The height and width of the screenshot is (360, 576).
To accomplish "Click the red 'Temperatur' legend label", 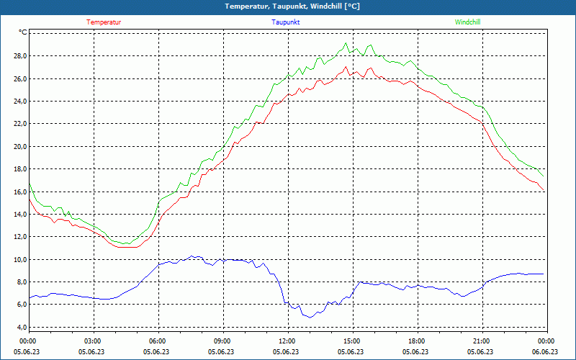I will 104,22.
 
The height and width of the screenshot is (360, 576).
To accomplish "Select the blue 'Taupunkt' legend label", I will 285,22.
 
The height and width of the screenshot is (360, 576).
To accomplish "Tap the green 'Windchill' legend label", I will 467,22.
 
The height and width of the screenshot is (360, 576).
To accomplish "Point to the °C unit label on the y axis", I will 23,32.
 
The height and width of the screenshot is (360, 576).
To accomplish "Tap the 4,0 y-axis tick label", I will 22,327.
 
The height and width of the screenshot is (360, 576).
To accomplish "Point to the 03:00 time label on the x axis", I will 93,341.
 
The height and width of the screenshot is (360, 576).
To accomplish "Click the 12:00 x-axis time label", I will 287,341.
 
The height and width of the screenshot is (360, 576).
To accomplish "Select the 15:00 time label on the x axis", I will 351,341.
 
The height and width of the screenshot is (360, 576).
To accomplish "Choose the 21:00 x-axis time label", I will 481,341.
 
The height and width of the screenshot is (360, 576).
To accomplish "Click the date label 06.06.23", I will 546,352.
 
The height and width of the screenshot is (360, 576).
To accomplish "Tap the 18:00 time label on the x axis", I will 416,341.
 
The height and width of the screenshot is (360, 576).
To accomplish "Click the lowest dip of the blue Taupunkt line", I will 307,317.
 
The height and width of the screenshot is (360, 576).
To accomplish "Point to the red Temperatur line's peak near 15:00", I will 346,67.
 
